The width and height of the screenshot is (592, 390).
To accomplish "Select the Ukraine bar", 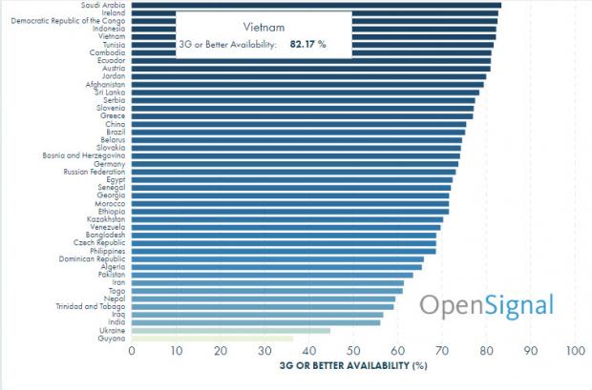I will click(230, 330).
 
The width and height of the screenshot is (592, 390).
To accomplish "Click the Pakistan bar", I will click(272, 275).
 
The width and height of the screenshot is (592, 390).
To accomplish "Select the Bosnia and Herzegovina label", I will click(84, 155).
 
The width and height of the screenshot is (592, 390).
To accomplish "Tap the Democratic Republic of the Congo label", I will click(65, 20).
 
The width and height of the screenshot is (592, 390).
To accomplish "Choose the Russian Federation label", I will click(94, 172).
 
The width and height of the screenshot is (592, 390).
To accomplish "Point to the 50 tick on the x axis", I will click(353, 351).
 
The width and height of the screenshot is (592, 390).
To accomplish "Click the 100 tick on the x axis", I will click(574, 351).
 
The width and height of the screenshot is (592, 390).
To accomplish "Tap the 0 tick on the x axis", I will click(132, 351).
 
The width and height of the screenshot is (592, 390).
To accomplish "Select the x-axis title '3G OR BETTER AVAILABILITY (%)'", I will click(353, 365).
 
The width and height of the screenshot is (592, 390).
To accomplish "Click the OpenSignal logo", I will click(487, 305).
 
